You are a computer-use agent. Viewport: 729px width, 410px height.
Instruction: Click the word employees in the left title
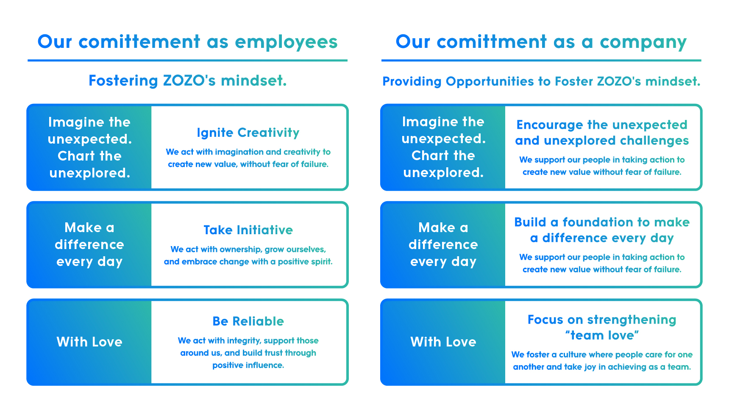[x=286, y=42]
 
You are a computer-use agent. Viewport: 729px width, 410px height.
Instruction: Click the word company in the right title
[x=643, y=42]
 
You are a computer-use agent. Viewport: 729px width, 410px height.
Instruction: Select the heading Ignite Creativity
[x=248, y=133]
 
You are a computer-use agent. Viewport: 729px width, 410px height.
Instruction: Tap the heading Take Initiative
[x=248, y=230]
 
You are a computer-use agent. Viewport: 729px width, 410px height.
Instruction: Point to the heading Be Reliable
[x=248, y=321]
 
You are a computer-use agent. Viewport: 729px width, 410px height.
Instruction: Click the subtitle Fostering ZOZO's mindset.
[x=187, y=80]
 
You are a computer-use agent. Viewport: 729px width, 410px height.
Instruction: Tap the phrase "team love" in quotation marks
[x=602, y=335]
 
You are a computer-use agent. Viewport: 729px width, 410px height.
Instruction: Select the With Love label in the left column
[x=89, y=342]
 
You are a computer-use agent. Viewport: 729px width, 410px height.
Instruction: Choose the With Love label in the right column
[x=443, y=342]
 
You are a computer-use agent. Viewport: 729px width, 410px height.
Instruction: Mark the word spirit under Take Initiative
[x=322, y=262]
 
